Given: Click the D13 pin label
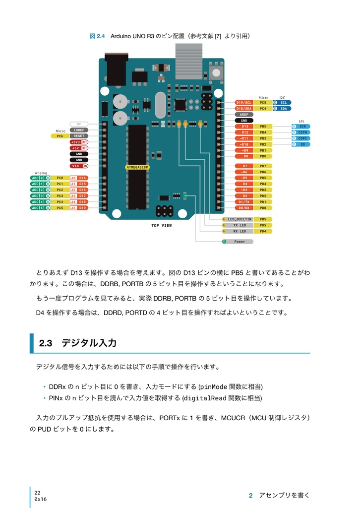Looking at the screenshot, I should tap(245, 127).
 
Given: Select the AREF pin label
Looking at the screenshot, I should tap(244, 114).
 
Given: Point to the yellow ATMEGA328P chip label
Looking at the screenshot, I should tap(137, 167).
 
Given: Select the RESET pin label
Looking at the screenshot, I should tap(79, 135).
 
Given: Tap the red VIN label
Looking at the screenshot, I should tap(79, 166).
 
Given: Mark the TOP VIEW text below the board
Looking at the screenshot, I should tap(162, 225).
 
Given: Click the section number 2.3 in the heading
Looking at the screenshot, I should tap(46, 343).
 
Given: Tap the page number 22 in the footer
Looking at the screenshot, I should tap(38, 493).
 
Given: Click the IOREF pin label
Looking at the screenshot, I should tap(79, 129).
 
